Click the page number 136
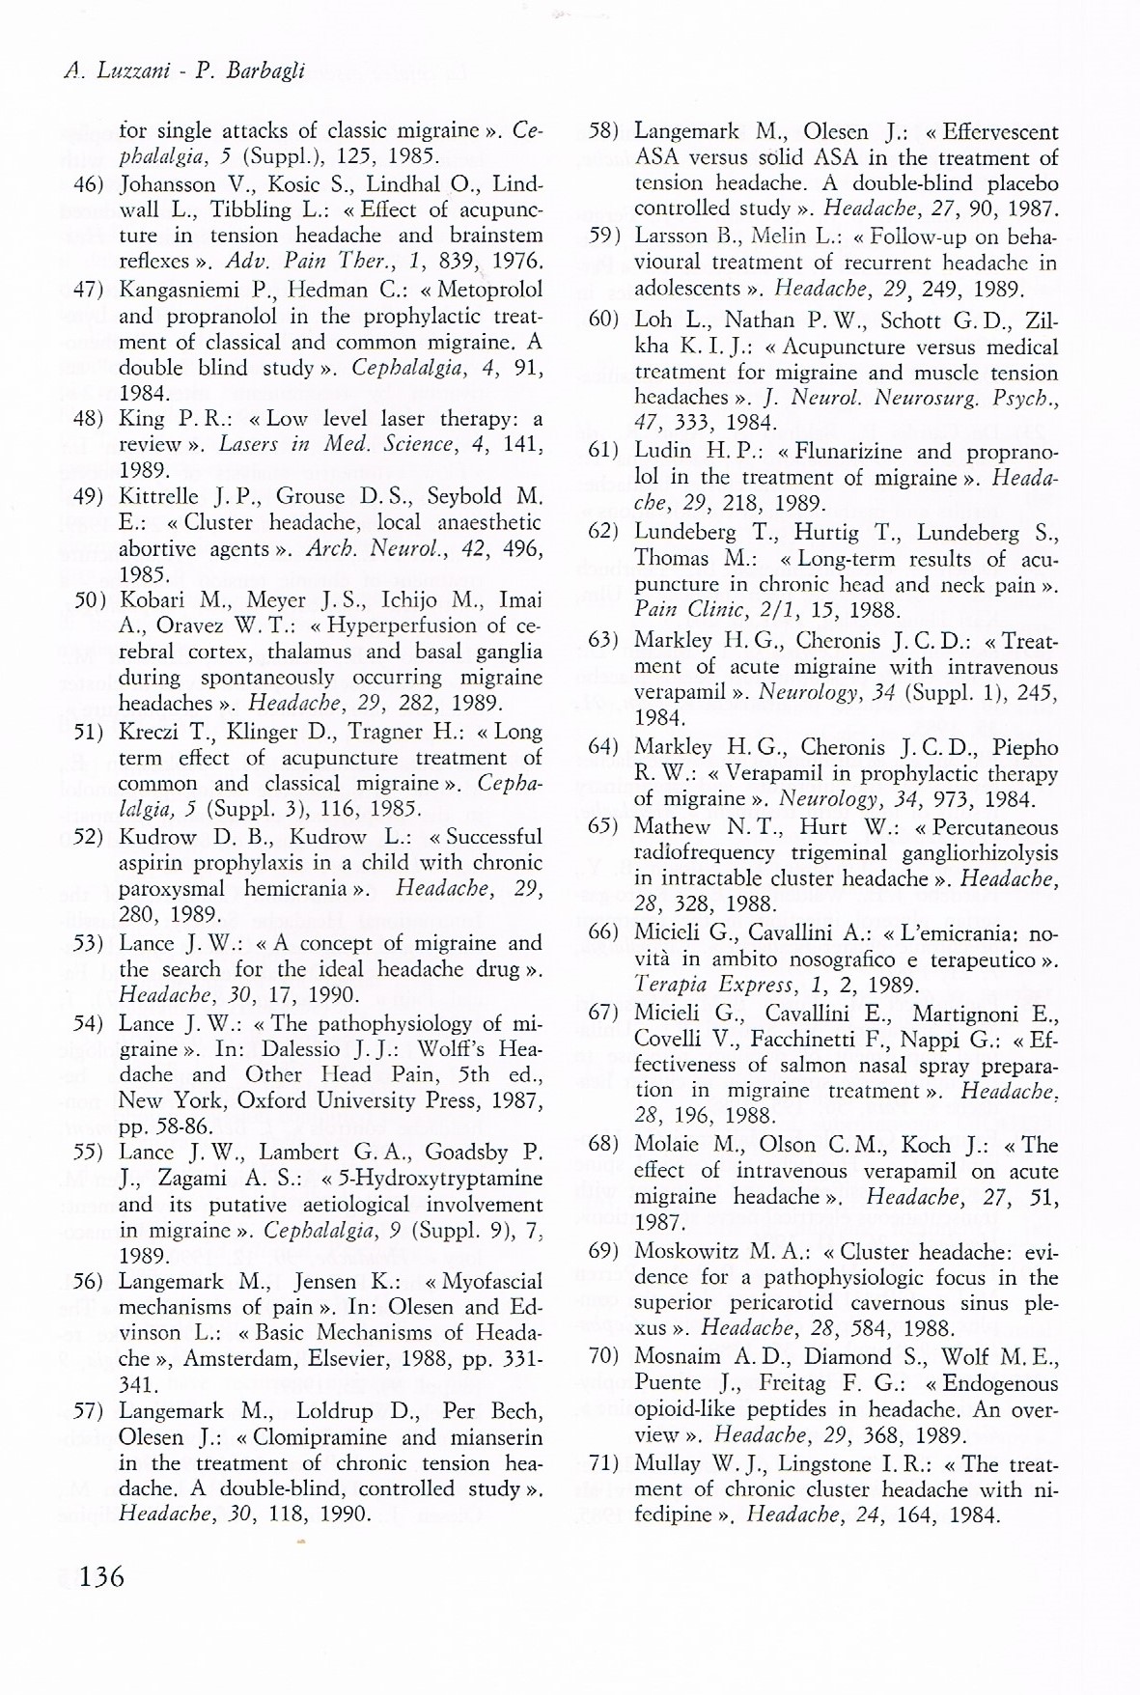[x=101, y=1576]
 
